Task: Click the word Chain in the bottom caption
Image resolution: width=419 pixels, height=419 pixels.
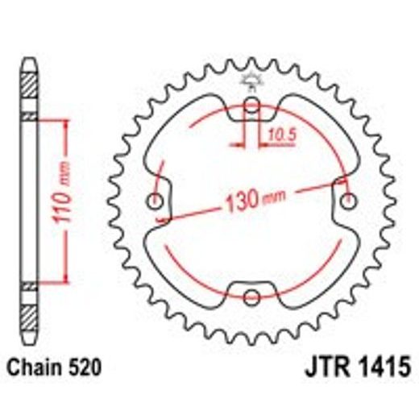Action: pos(32,368)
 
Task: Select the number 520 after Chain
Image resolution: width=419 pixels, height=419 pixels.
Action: pos(84,368)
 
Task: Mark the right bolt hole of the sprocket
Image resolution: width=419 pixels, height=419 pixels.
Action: pos(348,199)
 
